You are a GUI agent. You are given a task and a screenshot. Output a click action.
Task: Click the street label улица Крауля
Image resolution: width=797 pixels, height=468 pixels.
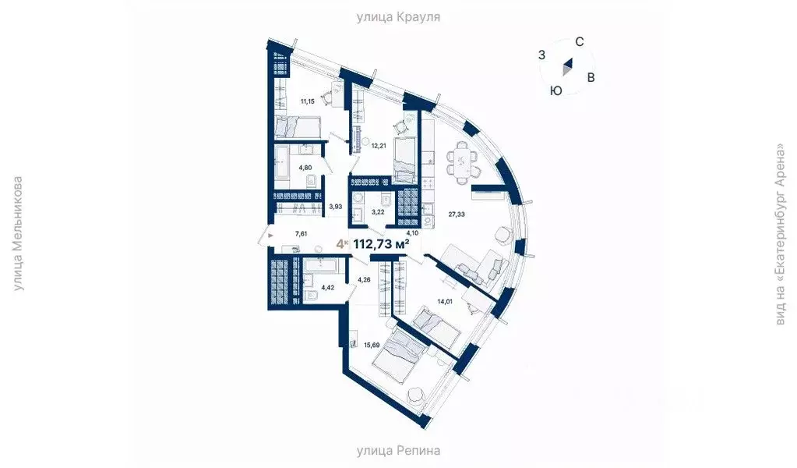(x=398, y=16)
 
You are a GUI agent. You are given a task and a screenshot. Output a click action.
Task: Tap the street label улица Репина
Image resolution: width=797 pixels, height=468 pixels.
(x=398, y=450)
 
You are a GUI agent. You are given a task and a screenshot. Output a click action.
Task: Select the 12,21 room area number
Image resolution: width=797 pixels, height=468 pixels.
(x=379, y=145)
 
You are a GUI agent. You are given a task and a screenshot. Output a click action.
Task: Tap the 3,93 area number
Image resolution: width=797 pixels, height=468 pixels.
(x=336, y=207)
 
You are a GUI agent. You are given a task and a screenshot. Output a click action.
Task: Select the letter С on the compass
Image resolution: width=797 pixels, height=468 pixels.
(x=580, y=41)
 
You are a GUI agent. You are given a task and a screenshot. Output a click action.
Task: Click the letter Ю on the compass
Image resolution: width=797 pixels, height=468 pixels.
(x=555, y=90)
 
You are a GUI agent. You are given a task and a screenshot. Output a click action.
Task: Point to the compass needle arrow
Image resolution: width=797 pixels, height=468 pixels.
(x=568, y=69)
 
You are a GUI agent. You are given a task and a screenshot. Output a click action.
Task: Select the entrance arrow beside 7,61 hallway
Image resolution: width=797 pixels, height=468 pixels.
(x=270, y=232)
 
